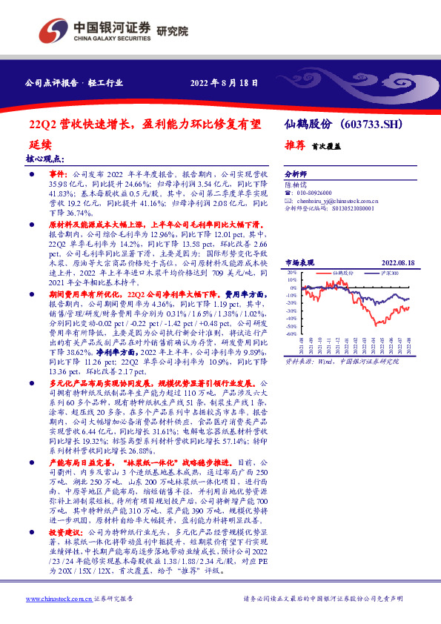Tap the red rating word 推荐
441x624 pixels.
point(296,146)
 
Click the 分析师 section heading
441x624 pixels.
point(296,170)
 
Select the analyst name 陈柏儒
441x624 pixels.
point(296,182)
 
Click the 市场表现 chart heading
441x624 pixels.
point(299,263)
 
